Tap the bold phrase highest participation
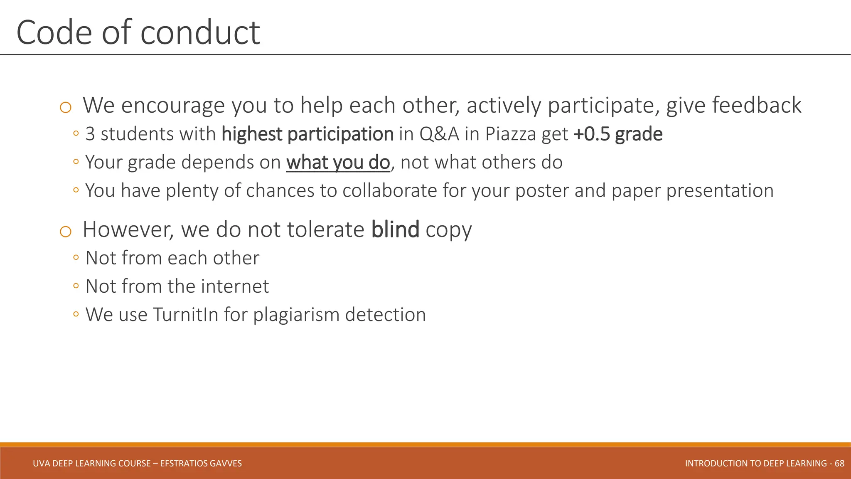(x=307, y=134)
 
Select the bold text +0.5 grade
(x=618, y=134)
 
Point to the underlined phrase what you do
(x=338, y=163)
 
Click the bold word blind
(x=395, y=230)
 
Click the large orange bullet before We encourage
(x=65, y=108)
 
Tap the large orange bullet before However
(x=65, y=232)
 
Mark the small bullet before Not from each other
(x=76, y=258)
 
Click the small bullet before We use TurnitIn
(x=76, y=314)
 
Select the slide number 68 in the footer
(x=839, y=463)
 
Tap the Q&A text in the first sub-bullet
(x=439, y=134)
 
